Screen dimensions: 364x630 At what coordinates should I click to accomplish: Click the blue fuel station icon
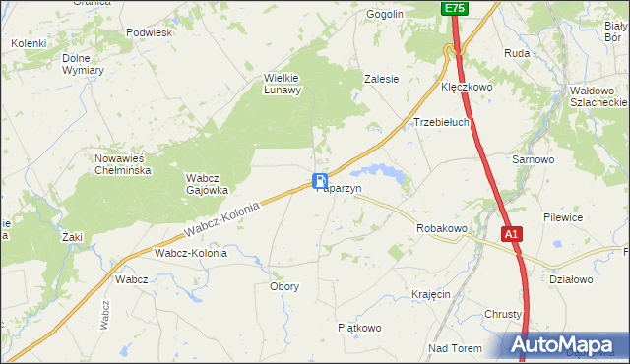pos(320,181)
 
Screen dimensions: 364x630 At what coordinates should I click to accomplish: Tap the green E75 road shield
pos(453,8)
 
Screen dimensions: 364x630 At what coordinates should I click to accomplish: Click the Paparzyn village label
pos(341,189)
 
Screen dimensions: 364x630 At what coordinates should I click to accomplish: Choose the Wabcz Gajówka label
pos(207,184)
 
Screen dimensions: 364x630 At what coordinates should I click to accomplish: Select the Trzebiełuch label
pos(440,123)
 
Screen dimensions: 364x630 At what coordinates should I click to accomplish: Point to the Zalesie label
pos(381,79)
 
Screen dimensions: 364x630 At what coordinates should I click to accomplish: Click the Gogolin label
pos(385,14)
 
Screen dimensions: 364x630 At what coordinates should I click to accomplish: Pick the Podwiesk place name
pos(150,31)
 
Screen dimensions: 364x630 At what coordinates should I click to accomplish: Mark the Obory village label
pos(283,286)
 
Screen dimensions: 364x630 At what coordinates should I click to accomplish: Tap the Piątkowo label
pos(358,328)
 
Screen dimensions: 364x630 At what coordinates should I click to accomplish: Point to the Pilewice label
pos(564,217)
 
